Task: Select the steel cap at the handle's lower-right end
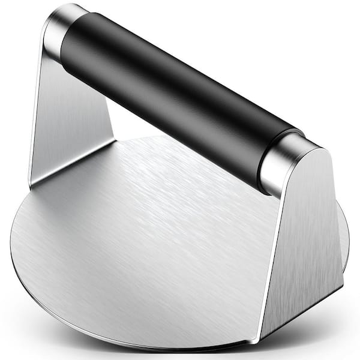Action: (x=282, y=162)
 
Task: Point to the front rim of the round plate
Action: (x=150, y=342)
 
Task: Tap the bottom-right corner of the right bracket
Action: (x=342, y=288)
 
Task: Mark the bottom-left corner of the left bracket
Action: (x=30, y=183)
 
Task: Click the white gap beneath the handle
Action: (x=138, y=123)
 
